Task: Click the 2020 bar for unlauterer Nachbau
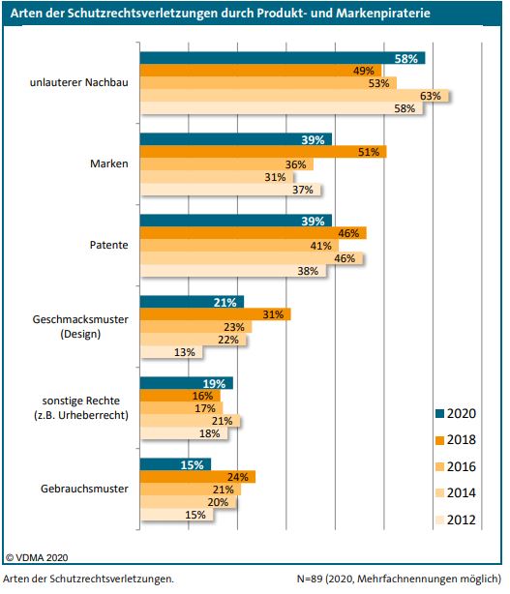point(281,58)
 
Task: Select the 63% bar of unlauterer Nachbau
point(295,96)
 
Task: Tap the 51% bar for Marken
point(261,152)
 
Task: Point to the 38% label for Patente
point(308,271)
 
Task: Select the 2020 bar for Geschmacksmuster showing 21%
point(191,302)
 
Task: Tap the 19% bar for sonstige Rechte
point(186,383)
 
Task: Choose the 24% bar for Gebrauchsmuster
point(196,476)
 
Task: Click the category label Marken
point(108,164)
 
